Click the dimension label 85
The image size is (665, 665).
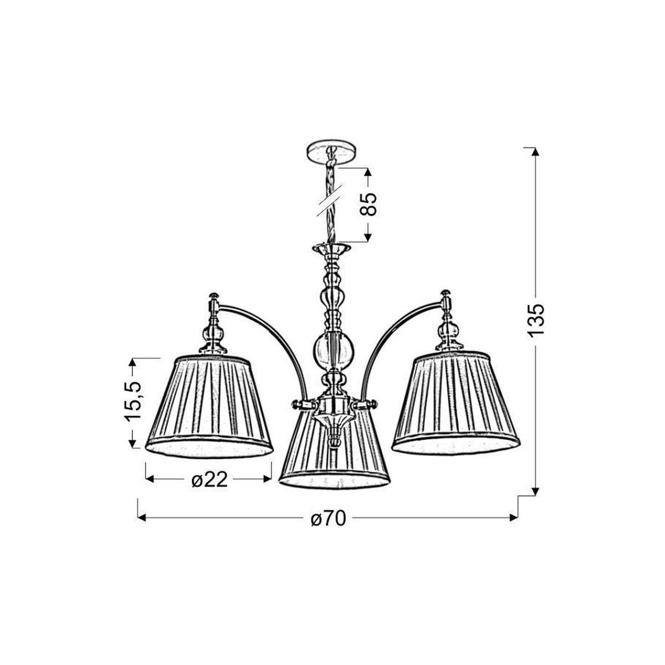pyautogui.click(x=367, y=204)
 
